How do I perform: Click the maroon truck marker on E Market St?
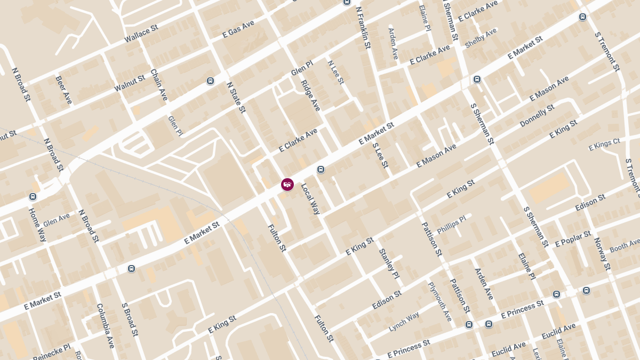287,185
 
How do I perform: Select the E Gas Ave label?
238,30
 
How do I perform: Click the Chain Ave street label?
159,85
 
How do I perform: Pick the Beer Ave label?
63,90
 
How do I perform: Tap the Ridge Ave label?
310,95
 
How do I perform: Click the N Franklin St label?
363,27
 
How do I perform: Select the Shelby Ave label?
481,38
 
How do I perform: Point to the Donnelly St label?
537,116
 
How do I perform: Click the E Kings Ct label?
604,144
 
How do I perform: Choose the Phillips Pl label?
451,225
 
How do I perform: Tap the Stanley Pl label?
389,263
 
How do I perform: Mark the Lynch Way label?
404,322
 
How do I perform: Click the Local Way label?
310,199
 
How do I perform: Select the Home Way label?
37,225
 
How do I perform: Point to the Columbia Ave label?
105,325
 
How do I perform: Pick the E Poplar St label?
573,239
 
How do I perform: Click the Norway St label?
602,254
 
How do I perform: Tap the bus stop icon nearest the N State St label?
211,81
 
